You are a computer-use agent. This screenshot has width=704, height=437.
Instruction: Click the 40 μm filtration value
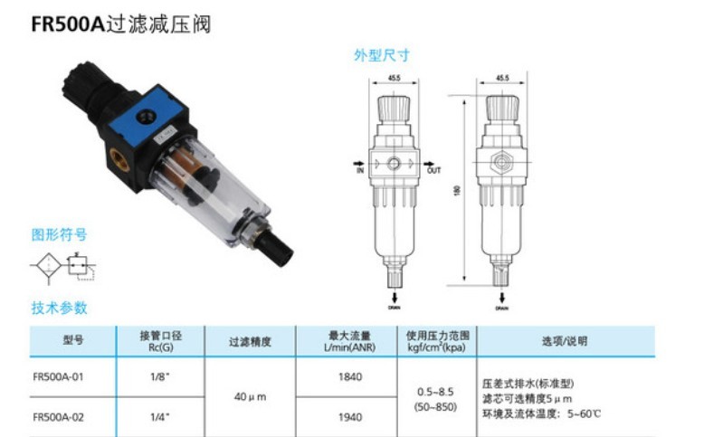coord(251,396)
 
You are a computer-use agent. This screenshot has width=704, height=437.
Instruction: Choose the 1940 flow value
coord(348,417)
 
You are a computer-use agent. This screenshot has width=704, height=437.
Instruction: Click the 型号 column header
coord(73,341)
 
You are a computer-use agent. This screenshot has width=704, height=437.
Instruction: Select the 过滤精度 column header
coord(251,341)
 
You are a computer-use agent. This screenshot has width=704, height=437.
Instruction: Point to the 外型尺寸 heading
coord(381,55)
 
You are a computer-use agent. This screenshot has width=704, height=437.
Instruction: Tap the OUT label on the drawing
coord(433,169)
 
